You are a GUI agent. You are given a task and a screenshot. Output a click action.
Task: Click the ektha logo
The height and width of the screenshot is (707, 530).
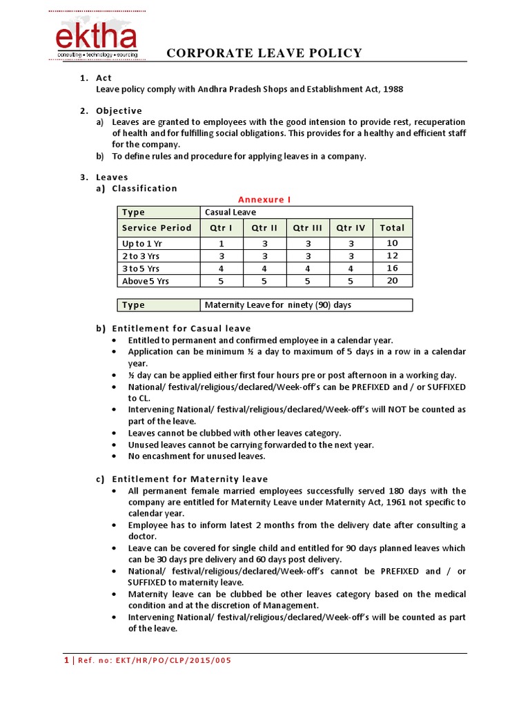[97, 39]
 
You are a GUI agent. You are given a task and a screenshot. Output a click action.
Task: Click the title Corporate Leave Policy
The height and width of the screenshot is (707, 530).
[265, 53]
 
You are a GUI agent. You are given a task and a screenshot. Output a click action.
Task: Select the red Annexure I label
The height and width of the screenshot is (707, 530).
[264, 200]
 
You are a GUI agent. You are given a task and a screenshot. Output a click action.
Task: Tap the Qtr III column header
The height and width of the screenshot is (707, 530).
[308, 227]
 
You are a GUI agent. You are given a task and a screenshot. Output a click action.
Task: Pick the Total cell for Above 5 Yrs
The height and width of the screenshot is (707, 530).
[392, 281]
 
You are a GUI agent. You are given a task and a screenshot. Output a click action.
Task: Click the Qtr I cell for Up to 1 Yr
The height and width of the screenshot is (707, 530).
[222, 243]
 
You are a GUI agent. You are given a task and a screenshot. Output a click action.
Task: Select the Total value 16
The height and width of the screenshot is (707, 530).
[392, 269]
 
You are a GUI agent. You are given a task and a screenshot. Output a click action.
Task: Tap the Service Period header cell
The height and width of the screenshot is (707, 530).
[157, 227]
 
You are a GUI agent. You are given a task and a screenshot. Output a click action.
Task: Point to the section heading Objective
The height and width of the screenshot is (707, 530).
[119, 110]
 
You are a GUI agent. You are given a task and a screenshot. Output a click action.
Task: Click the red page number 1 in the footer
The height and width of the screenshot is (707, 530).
[66, 660]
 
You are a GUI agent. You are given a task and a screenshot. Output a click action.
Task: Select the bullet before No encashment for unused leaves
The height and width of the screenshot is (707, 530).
[114, 456]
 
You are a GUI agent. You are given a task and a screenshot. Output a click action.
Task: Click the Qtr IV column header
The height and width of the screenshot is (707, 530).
[351, 227]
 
